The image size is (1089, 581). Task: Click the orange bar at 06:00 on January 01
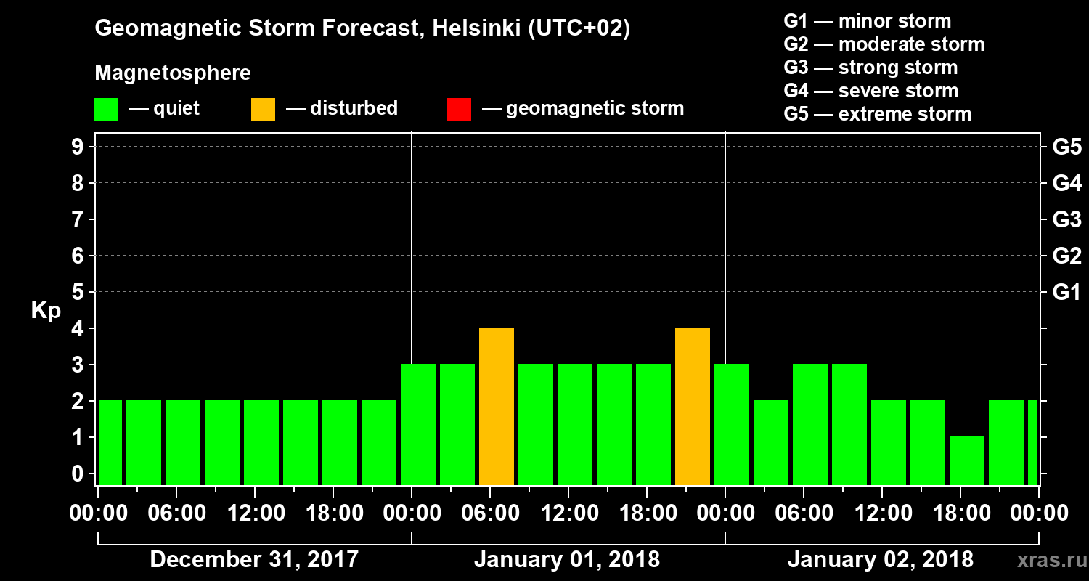tap(497, 407)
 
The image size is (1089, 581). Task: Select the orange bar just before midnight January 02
tap(693, 407)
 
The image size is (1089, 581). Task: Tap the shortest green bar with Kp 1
tap(967, 460)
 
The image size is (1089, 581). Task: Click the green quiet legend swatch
tap(106, 109)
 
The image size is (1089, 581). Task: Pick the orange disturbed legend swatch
tap(263, 109)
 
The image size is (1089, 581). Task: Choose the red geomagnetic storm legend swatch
tap(459, 109)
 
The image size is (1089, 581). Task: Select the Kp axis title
tap(45, 311)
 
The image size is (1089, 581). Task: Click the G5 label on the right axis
tap(1066, 147)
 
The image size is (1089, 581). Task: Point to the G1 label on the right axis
tap(1066, 292)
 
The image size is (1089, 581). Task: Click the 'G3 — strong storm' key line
tap(870, 68)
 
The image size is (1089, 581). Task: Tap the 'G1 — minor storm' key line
tap(867, 21)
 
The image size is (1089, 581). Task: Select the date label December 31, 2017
tap(254, 559)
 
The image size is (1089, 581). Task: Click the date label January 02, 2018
tap(881, 559)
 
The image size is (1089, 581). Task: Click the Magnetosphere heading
tap(173, 73)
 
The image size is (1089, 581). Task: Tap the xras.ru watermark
tap(1048, 559)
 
